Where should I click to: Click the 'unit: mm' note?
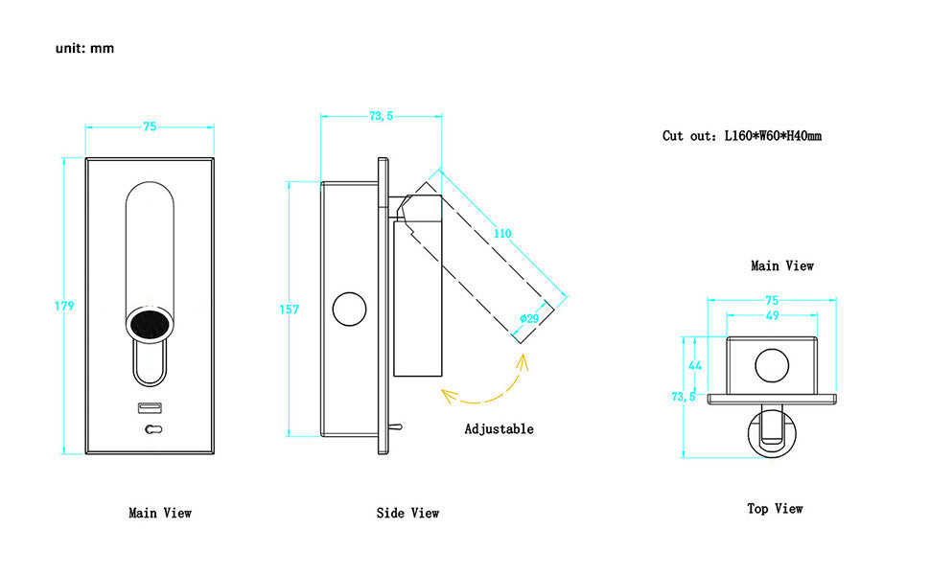coord(84,48)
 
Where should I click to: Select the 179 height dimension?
coord(64,306)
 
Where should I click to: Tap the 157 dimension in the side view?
coord(290,310)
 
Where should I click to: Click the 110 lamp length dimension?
coord(502,233)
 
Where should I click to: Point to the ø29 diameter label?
coord(527,318)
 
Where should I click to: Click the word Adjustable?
coord(499,429)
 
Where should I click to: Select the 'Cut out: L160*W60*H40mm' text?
coord(741,136)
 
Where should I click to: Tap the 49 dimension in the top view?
coord(772,315)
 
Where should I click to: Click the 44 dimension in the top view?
coord(695,365)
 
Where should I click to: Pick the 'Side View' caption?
coord(407,514)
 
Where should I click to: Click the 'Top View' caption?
coord(775,508)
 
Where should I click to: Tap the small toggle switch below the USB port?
coord(150,430)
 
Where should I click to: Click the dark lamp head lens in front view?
coord(150,324)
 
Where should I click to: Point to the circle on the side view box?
coord(349,310)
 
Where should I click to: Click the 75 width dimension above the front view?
coord(150,125)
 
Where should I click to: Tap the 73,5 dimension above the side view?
coord(381,116)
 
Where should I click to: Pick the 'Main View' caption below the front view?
coord(160,514)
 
